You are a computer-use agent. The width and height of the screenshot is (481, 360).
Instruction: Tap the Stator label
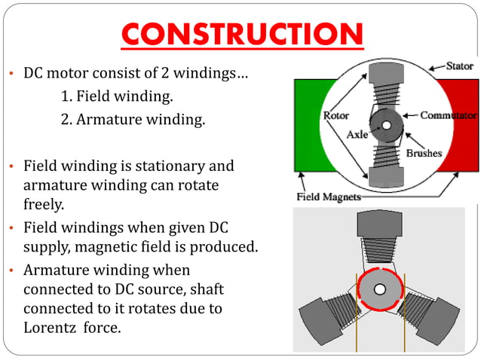pyautogui.click(x=459, y=66)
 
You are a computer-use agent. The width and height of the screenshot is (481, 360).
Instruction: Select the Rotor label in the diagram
pyautogui.click(x=335, y=116)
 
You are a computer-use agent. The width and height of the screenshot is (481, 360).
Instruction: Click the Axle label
pyautogui.click(x=357, y=136)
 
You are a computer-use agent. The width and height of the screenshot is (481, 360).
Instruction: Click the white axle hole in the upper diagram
pyautogui.click(x=386, y=125)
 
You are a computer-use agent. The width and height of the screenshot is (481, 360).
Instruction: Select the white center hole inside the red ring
pyautogui.click(x=380, y=289)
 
